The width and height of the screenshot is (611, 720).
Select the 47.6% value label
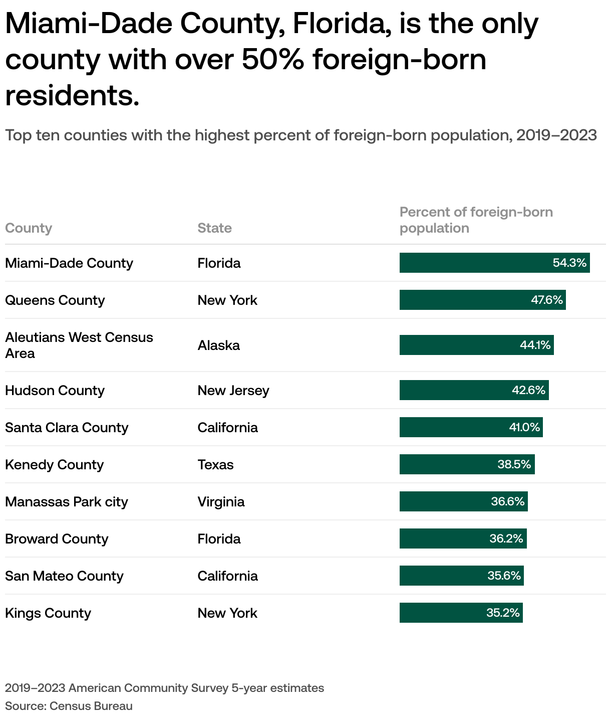[547, 300]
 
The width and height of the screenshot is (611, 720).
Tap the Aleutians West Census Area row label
[79, 345]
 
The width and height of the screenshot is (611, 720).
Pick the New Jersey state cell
[233, 390]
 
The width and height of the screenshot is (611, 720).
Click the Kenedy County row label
[54, 464]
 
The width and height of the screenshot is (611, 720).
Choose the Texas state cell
[215, 464]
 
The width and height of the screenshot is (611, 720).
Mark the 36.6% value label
[508, 501]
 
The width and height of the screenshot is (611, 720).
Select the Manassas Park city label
[67, 501]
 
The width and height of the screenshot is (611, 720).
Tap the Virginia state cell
[221, 501]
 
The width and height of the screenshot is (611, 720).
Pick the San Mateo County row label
[64, 576]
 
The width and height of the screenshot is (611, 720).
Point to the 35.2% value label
[503, 613]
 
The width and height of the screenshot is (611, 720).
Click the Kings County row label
[48, 613]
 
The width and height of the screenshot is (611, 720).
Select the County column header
[29, 228]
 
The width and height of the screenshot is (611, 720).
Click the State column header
[214, 228]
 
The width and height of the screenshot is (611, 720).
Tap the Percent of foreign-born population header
[476, 220]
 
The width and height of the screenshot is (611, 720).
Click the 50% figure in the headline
[272, 60]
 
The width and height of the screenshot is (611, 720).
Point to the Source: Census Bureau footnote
[69, 706]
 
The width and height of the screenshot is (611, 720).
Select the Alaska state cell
[218, 345]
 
